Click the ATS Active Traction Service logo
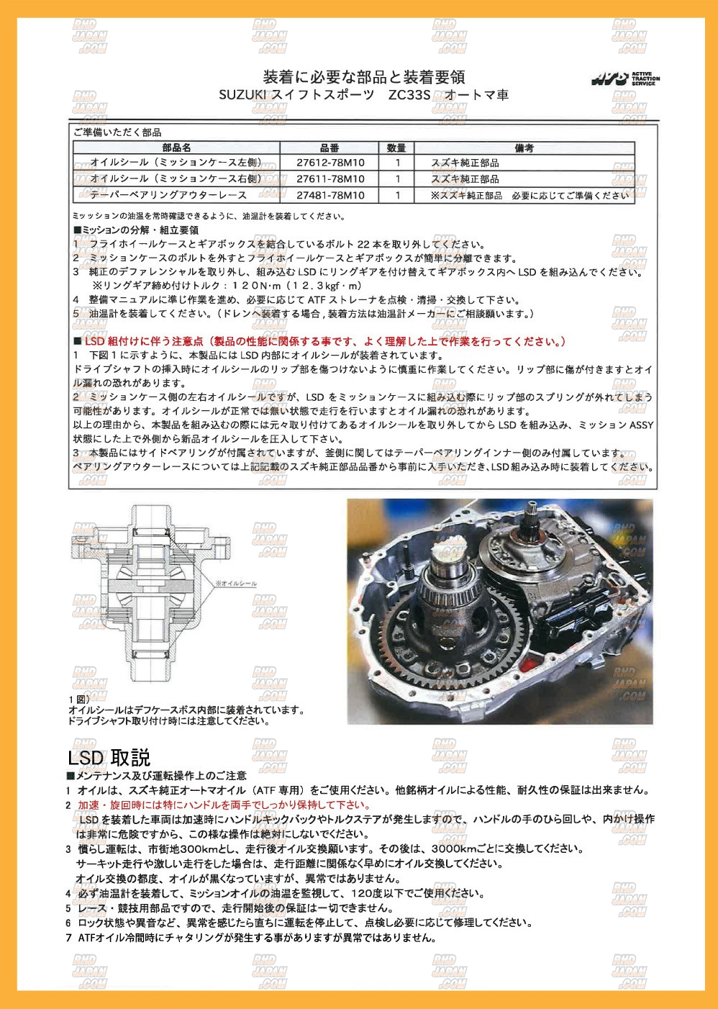pyautogui.click(x=625, y=78)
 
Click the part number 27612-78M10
pyautogui.click(x=330, y=163)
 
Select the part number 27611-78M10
pyautogui.click(x=330, y=178)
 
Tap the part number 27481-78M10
pyautogui.click(x=330, y=195)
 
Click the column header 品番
pyautogui.click(x=330, y=148)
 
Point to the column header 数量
pyautogui.click(x=396, y=148)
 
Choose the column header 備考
pyautogui.click(x=524, y=148)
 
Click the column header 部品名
pyautogui.click(x=176, y=148)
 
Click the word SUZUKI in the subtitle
pyautogui.click(x=242, y=95)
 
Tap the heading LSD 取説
pyautogui.click(x=109, y=758)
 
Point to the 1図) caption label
pyautogui.click(x=78, y=699)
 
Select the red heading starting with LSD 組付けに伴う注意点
pyautogui.click(x=324, y=341)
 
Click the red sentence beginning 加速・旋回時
pyautogui.click(x=224, y=805)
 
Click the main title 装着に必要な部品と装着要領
pyautogui.click(x=363, y=77)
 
